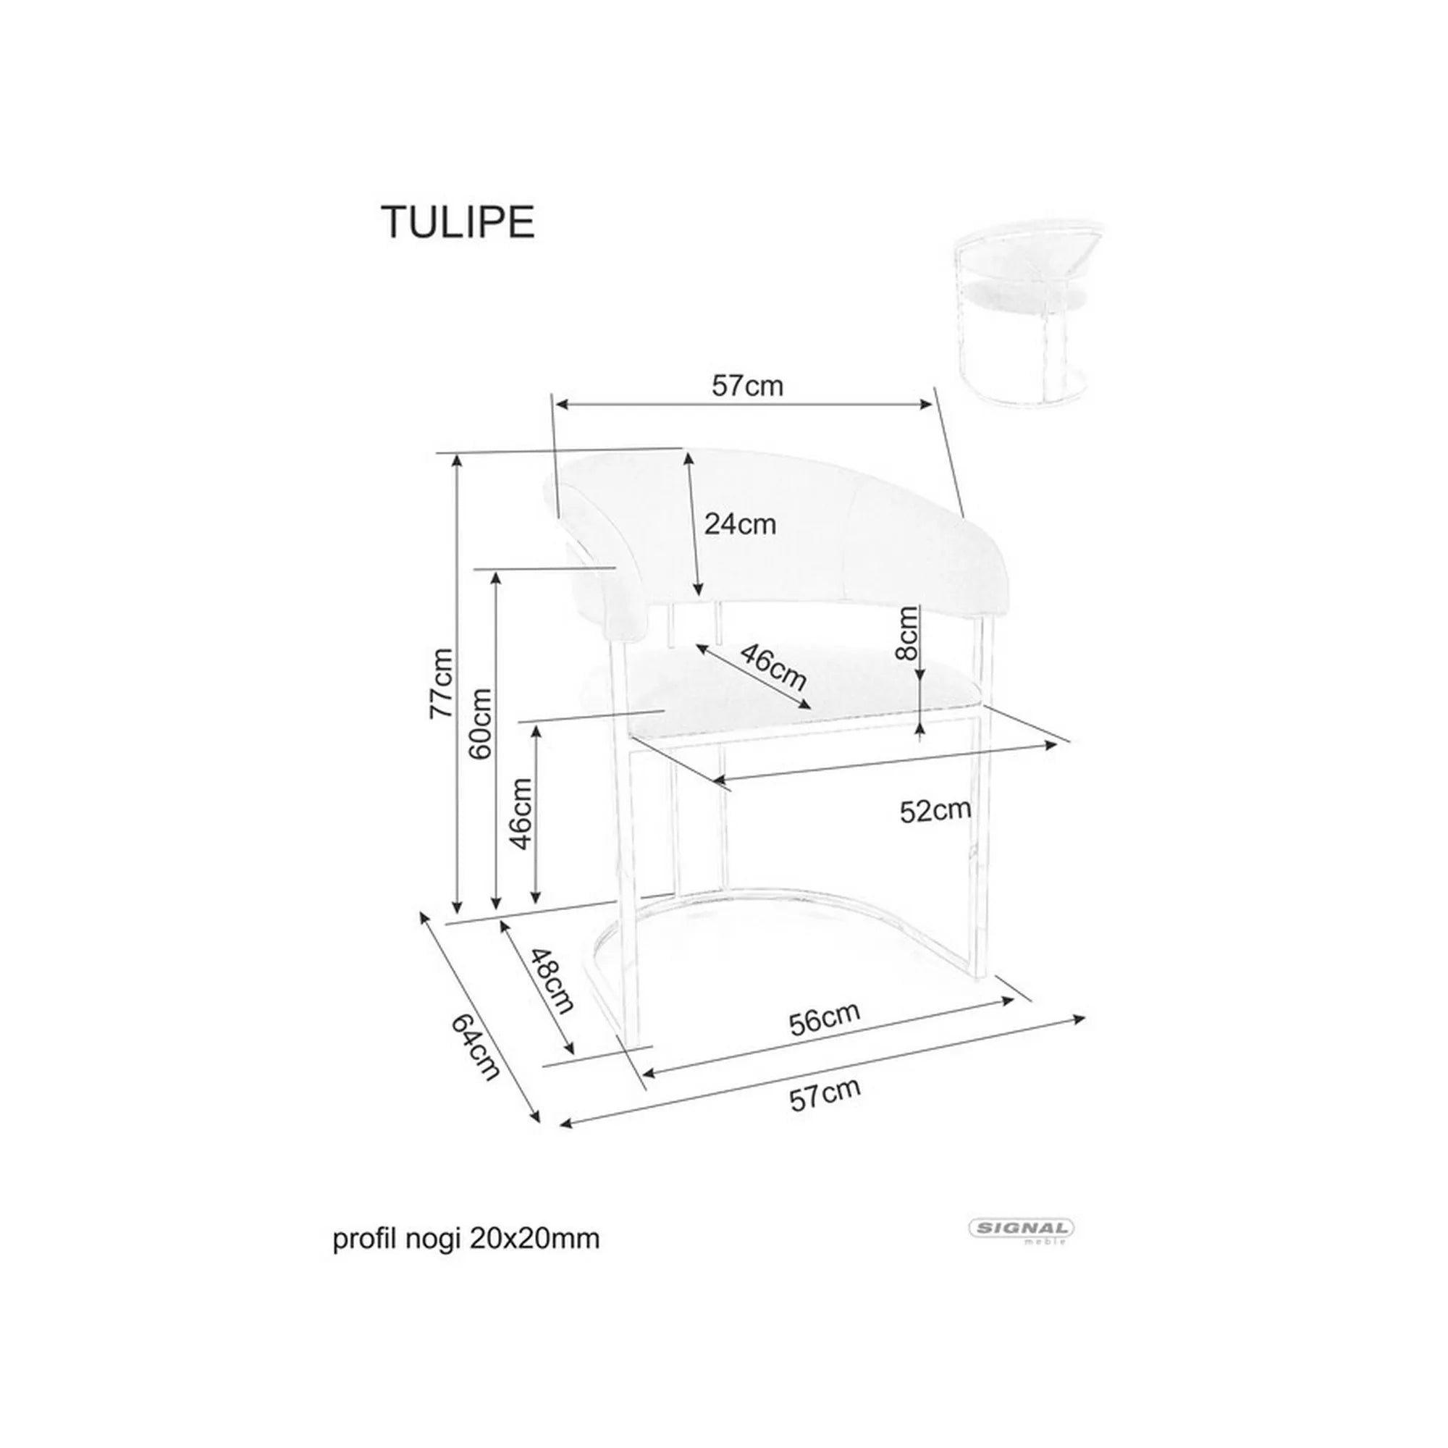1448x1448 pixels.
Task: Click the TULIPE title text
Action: pos(459,222)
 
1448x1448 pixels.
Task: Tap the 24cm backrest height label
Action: pos(740,524)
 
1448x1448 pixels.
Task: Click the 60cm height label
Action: pos(481,724)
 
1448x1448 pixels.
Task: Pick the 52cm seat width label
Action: pos(935,811)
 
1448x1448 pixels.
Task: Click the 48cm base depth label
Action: pos(552,980)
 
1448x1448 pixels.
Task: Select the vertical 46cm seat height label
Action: pos(521,814)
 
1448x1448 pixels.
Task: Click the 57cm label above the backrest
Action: pos(747,386)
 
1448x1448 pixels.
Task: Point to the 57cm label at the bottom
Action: pos(825,1095)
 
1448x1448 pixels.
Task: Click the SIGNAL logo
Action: pos(1021,1228)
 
